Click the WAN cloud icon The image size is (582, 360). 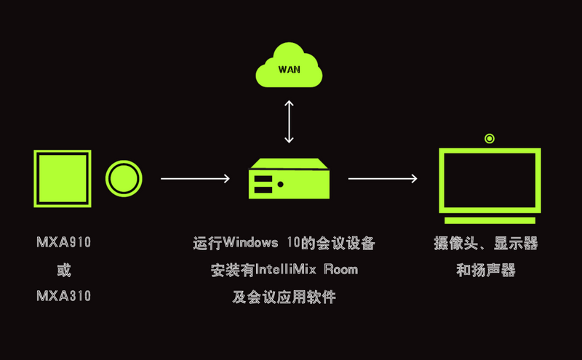pyautogui.click(x=290, y=68)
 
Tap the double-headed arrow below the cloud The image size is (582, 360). pyautogui.click(x=290, y=121)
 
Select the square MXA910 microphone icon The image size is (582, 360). pyautogui.click(x=63, y=179)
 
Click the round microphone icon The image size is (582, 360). pyautogui.click(x=124, y=178)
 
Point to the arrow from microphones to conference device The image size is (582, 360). pyautogui.click(x=195, y=178)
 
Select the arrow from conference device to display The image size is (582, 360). pyautogui.click(x=383, y=178)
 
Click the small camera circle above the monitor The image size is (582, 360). pyautogui.click(x=490, y=138)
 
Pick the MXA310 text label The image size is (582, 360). pyautogui.click(x=64, y=296)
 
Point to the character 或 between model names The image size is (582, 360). pyautogui.click(x=64, y=270)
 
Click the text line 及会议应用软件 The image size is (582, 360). pyautogui.click(x=284, y=297)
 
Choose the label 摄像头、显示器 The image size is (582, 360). pyautogui.click(x=486, y=243)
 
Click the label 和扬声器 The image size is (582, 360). pyautogui.click(x=486, y=270)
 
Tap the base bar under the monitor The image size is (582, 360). pyautogui.click(x=490, y=220)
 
